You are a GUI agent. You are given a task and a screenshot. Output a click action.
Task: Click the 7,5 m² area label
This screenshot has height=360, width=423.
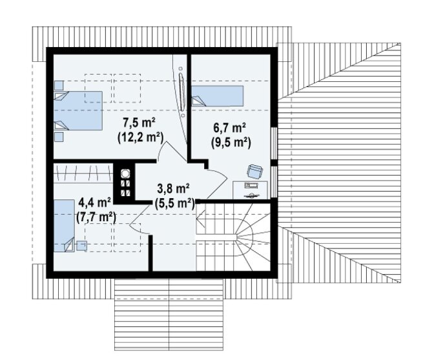pyautogui.click(x=139, y=123)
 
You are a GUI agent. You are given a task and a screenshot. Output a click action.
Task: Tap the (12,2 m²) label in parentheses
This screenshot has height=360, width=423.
pyautogui.click(x=141, y=137)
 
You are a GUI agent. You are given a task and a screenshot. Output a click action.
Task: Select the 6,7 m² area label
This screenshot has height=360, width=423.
pyautogui.click(x=229, y=128)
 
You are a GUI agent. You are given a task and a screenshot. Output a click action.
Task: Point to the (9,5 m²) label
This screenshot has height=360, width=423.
pyautogui.click(x=231, y=143)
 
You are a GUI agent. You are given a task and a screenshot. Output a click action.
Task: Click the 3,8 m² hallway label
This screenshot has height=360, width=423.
pyautogui.click(x=173, y=188)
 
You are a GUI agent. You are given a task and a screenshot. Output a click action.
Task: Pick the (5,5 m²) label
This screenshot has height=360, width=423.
pyautogui.click(x=175, y=203)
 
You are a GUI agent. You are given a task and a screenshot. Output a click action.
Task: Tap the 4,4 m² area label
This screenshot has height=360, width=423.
pyautogui.click(x=95, y=203)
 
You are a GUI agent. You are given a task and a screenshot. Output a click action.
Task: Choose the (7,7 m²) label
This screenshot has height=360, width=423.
pyautogui.click(x=96, y=217)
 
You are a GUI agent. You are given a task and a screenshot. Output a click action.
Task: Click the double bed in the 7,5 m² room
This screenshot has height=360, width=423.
pyautogui.click(x=78, y=111)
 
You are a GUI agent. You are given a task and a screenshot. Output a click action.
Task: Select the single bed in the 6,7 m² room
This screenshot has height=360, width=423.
pyautogui.click(x=218, y=95)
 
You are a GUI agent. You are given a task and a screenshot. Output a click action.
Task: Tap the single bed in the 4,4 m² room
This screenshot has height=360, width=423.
pyautogui.click(x=64, y=226)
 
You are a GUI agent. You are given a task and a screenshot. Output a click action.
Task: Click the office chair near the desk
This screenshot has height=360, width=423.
pyautogui.click(x=254, y=172)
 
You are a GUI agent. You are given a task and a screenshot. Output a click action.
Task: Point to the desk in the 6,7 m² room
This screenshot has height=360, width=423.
pyautogui.click(x=251, y=190)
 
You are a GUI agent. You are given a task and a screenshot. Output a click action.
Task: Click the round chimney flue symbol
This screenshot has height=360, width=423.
pyautogui.click(x=125, y=174)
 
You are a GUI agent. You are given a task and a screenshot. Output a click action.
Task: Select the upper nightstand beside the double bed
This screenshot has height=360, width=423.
pyautogui.click(x=59, y=85)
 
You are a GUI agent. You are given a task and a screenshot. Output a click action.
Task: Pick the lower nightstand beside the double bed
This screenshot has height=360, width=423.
pyautogui.click(x=59, y=137)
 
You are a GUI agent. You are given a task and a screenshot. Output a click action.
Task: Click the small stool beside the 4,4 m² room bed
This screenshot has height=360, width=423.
pyautogui.click(x=81, y=246)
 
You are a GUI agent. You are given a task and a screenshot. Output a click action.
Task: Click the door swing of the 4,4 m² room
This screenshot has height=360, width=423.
pyautogui.click(x=140, y=218)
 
